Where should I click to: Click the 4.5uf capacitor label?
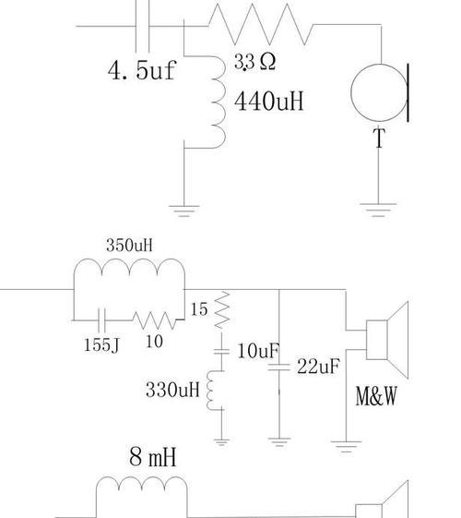pos(142,70)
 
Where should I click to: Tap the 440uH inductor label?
pos(268,101)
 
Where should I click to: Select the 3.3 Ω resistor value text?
pos(254,62)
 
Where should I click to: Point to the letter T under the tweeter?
pos(379,138)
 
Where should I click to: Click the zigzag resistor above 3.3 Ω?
pos(261,24)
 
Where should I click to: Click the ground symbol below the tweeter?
pos(378,211)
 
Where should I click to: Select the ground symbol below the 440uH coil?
pos(184,211)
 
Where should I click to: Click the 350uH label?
pos(129,246)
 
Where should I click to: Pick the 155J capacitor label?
pos(101,345)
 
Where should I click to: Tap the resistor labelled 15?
pos(222,309)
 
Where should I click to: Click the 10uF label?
pos(258,351)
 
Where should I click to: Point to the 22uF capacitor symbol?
pos(279,367)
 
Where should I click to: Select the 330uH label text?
pos(172,390)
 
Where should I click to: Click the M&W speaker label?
pos(376,396)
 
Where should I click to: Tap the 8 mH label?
pos(153,456)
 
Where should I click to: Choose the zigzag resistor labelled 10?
pos(154,320)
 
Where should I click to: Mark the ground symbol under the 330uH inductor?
pos(221,442)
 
